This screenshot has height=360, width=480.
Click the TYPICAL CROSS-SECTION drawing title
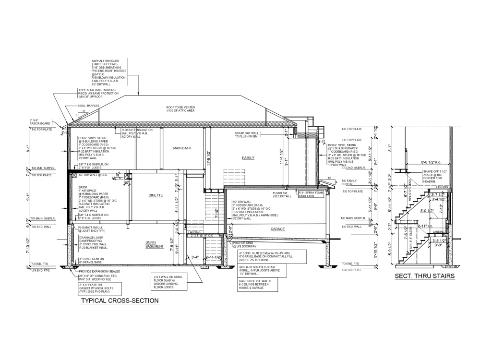pyautogui.click(x=120, y=301)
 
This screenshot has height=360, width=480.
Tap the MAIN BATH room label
pyautogui.click(x=182, y=148)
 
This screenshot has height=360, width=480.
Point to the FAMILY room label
pyautogui.click(x=248, y=157)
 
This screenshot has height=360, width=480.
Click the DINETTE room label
pyautogui.click(x=156, y=195)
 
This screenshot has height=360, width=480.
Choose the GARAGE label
pyautogui.click(x=277, y=229)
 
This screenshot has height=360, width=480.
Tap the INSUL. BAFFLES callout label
pyautogui.click(x=88, y=106)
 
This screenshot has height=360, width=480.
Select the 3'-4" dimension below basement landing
pyautogui.click(x=194, y=258)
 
